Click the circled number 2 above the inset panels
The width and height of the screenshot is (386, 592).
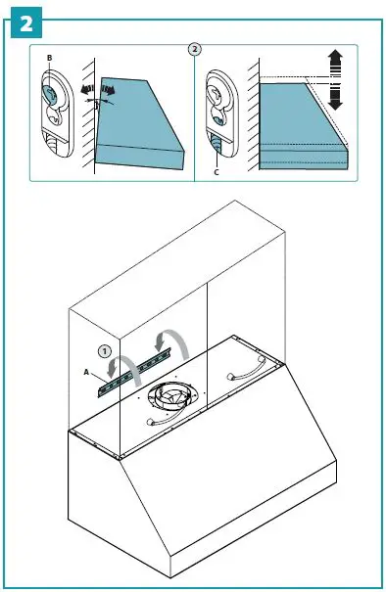click(x=194, y=47)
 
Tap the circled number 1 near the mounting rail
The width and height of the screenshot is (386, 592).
click(x=104, y=348)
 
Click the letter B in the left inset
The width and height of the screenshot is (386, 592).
click(x=49, y=60)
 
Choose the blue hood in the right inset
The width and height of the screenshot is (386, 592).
click(x=299, y=122)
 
